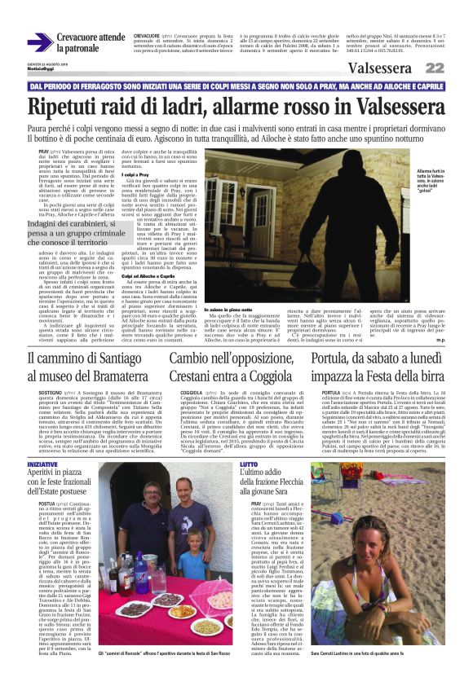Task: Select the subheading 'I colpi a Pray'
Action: (x=135, y=175)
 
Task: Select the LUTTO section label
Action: (x=248, y=463)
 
